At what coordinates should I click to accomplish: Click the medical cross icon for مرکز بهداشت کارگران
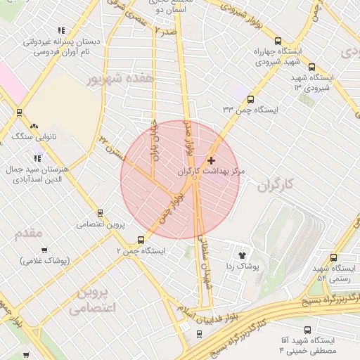211,161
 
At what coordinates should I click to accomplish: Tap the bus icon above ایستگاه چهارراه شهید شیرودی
278,41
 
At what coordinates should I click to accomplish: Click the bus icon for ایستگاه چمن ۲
141,239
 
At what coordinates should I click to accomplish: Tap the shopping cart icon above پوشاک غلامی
44,250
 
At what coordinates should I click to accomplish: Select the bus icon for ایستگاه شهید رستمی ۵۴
333,257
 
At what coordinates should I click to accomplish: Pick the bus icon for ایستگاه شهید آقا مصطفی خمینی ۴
308,329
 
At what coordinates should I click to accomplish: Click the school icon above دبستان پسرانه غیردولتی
61,30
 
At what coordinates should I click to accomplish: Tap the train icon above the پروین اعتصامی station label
100,213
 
